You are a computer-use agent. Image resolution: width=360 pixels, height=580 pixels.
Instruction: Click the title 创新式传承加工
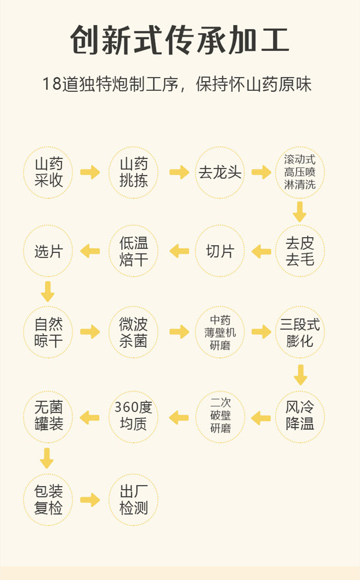[180, 40]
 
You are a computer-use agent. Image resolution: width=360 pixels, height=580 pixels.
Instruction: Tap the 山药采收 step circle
[48, 173]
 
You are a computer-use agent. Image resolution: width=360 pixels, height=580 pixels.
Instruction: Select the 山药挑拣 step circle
[133, 173]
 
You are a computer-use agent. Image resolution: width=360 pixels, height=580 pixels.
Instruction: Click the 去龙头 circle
[220, 173]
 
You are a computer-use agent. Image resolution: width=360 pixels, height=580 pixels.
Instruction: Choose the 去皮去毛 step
[300, 251]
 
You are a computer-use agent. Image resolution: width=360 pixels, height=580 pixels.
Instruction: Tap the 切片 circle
[220, 251]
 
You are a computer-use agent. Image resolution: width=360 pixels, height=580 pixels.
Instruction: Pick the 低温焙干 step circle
[133, 251]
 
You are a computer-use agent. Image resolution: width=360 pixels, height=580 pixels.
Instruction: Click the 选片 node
[48, 251]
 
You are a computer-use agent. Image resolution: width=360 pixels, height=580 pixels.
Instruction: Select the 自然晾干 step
[48, 332]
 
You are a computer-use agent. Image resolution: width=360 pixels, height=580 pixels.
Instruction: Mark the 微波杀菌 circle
[133, 332]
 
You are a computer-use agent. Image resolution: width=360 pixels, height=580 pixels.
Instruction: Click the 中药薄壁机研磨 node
[220, 332]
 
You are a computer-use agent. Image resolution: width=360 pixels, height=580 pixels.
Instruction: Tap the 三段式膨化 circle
[300, 332]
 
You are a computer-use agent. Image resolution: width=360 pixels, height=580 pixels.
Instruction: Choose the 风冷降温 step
[300, 417]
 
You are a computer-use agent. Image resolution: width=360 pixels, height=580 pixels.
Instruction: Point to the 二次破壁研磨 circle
[220, 417]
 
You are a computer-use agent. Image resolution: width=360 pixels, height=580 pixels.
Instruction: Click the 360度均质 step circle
[133, 417]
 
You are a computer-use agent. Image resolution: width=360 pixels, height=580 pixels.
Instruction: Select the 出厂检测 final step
[133, 500]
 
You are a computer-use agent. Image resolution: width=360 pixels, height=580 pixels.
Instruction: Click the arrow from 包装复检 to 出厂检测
[90, 500]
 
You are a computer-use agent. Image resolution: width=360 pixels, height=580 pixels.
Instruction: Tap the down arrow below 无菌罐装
[47, 458]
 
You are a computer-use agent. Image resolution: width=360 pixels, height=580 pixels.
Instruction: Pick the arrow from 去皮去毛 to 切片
[262, 251]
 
